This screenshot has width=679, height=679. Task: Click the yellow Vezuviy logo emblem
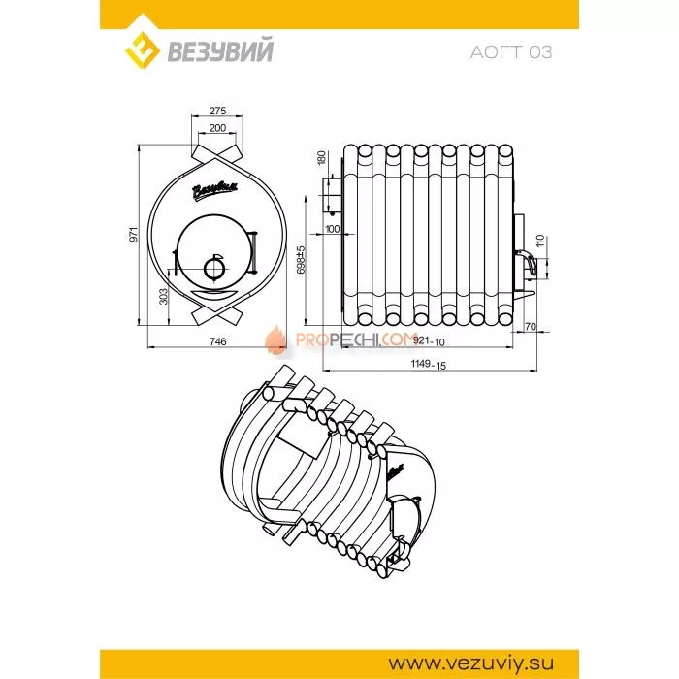[142, 51]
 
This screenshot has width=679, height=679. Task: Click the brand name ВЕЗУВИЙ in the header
[220, 50]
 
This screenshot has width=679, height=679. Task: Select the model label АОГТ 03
[511, 52]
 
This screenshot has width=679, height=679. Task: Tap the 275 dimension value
[217, 111]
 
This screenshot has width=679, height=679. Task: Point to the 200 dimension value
[217, 128]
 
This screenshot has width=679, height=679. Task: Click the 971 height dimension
[134, 234]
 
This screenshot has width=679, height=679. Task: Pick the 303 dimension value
[163, 296]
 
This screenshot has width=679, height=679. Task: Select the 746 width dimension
[218, 341]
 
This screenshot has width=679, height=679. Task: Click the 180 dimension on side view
[321, 158]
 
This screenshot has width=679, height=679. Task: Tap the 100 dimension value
[332, 229]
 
